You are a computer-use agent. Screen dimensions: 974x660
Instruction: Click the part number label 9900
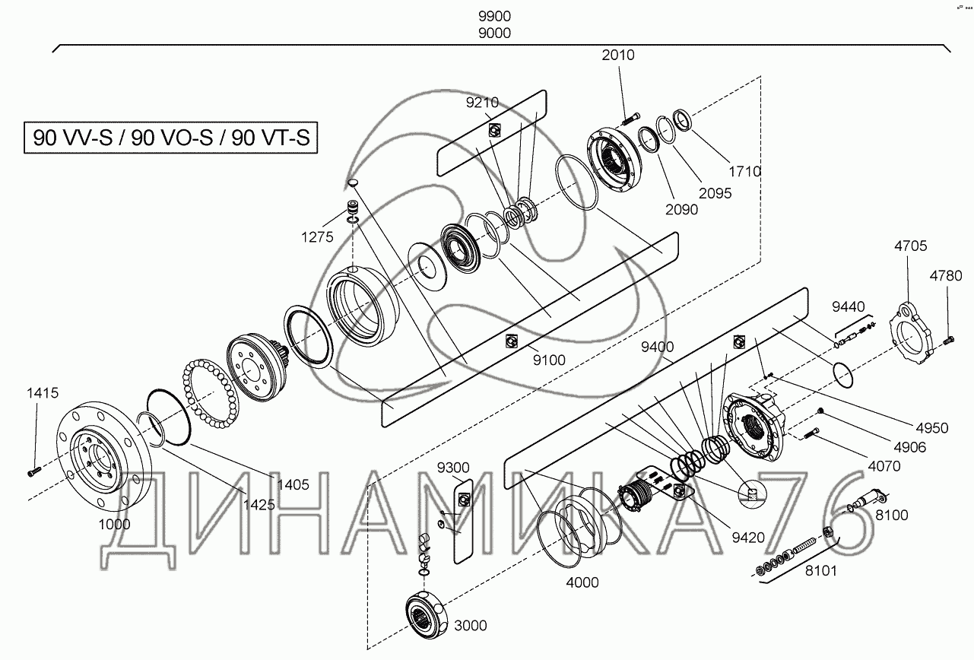tap(494, 17)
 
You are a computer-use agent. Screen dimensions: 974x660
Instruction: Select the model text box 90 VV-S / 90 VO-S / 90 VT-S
tap(171, 138)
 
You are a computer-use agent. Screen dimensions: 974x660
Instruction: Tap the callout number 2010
tap(618, 56)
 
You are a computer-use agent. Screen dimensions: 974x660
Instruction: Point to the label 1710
tap(745, 172)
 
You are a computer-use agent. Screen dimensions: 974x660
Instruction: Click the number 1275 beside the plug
tap(317, 237)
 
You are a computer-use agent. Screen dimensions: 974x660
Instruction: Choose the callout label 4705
tap(911, 246)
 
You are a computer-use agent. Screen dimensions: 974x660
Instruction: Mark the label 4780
tap(946, 276)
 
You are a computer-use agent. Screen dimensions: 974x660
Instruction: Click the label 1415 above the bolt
tap(43, 393)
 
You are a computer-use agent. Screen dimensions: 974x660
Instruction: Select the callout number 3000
tap(471, 626)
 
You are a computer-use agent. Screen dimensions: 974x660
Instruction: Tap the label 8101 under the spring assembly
tap(821, 571)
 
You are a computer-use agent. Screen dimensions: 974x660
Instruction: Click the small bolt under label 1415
tap(34, 471)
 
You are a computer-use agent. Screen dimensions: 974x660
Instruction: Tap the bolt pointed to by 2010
tap(632, 118)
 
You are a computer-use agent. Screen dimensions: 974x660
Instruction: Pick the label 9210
tap(482, 103)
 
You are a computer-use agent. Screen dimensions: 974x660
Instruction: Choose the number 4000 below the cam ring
tap(582, 582)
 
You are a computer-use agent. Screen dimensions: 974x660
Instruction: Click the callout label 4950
tap(932, 428)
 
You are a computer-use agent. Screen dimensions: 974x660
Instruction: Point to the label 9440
tap(849, 307)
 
